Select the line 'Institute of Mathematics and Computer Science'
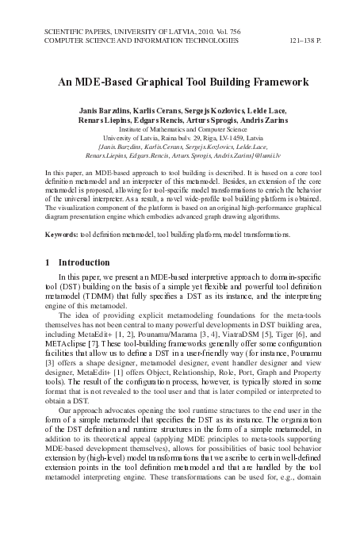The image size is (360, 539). tap(180, 128)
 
